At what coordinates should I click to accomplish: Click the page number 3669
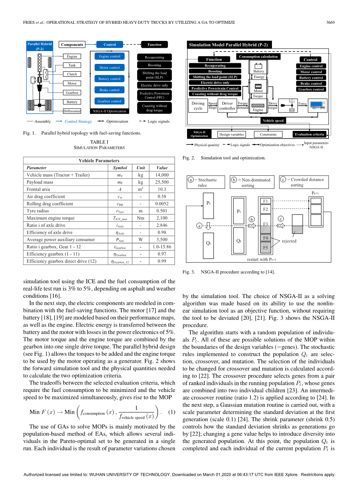pos(330,22)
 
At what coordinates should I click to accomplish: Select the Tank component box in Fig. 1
pos(72,65)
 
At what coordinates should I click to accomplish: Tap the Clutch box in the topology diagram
pos(72,74)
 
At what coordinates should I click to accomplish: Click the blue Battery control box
pos(109,79)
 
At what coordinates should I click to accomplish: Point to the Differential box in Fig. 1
pos(72,111)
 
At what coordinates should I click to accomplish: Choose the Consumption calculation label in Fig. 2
pos(258,56)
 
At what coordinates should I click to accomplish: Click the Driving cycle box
pos(198,106)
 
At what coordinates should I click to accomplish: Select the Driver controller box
pos(227,106)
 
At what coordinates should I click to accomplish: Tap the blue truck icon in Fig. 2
pos(318,106)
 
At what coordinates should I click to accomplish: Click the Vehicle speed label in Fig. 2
pos(273,120)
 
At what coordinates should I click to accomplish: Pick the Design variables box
pos(231,134)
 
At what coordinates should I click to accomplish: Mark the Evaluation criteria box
pos(309,134)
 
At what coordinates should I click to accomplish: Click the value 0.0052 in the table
pos(162,204)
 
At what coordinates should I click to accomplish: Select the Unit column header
pos(141,168)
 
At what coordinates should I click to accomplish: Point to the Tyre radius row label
pos(37,211)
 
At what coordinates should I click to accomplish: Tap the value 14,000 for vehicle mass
pos(162,175)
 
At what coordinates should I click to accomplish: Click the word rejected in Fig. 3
pos(289,241)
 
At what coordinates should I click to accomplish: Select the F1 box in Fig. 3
pos(265,201)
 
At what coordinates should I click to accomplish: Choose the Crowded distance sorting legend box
pos(304,182)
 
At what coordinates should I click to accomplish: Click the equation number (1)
pos(171,412)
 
